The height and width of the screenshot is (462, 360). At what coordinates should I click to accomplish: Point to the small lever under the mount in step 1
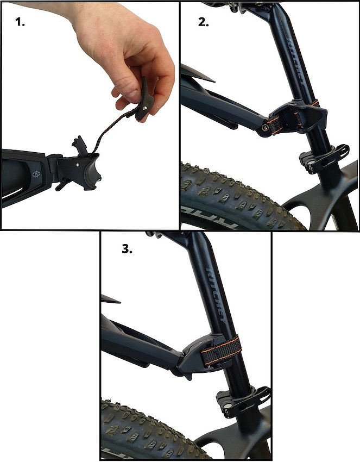click(x=61, y=186)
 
